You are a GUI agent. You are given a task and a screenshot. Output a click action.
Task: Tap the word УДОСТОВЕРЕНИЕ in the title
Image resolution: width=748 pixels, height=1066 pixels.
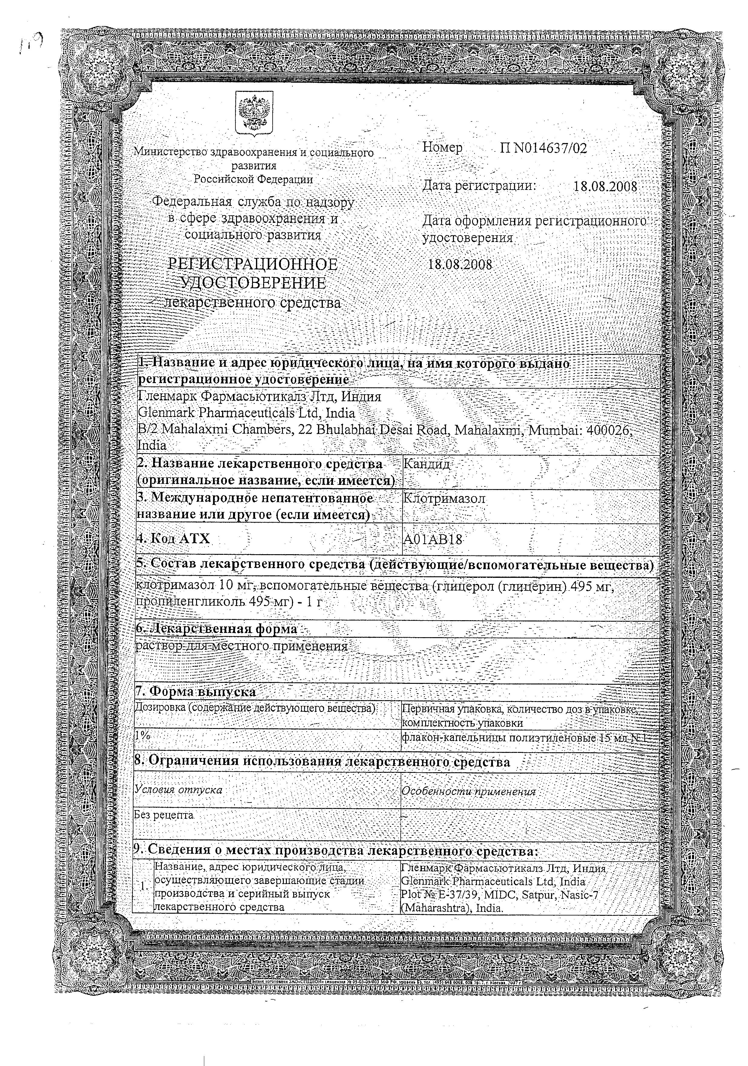pyautogui.click(x=253, y=283)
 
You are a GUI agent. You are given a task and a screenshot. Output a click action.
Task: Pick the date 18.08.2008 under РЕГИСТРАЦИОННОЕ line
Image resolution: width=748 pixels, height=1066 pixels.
pyautogui.click(x=459, y=265)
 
